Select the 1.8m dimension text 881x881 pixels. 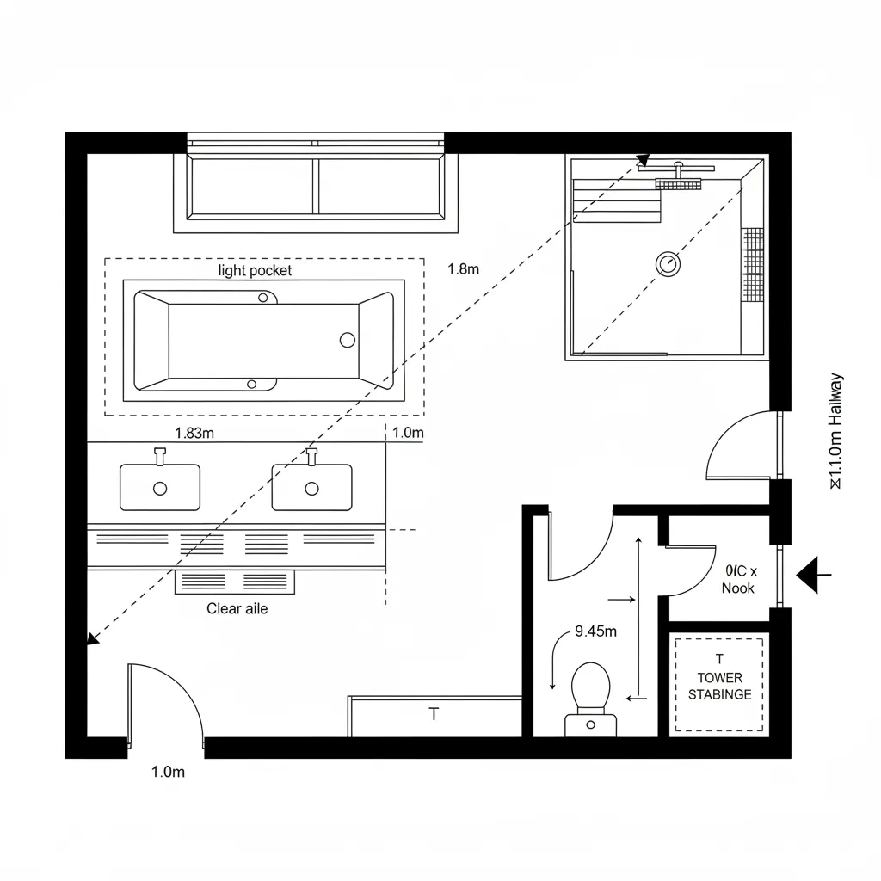tap(463, 268)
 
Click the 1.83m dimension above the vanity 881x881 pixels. tap(194, 434)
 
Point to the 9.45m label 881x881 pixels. tap(595, 631)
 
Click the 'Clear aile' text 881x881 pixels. tap(237, 609)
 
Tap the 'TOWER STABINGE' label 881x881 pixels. tap(719, 687)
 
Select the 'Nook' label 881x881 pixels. tap(737, 588)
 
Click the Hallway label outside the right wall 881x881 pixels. tap(835, 430)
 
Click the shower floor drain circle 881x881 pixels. tap(668, 262)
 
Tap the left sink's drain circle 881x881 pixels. tap(160, 489)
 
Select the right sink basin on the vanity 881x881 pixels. tap(311, 487)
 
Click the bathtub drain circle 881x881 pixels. tap(348, 340)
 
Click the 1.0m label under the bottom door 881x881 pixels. tap(168, 772)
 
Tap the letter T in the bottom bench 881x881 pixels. tap(434, 714)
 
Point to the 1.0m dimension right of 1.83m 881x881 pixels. tap(408, 434)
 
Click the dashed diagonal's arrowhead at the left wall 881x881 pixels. tap(91, 638)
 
